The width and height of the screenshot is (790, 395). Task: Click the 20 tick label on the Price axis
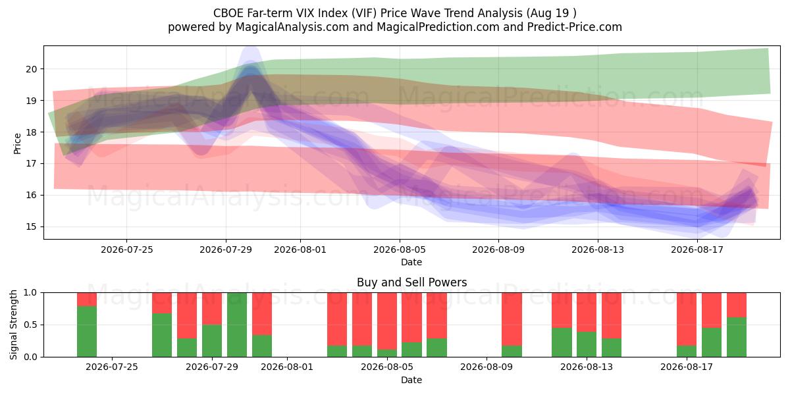click(x=32, y=69)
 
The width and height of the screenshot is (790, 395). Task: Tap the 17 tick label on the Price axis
click(x=32, y=164)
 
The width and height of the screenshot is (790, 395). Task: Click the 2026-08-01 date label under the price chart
click(x=300, y=250)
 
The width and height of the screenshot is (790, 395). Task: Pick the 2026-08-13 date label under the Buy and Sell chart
click(x=587, y=367)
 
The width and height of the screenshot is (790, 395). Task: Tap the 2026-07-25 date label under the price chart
click(x=127, y=250)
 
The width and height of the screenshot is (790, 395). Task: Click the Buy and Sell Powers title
click(x=411, y=282)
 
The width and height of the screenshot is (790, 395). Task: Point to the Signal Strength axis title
click(x=13, y=325)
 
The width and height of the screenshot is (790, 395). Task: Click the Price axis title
click(x=17, y=144)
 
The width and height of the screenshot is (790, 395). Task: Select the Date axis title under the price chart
click(x=411, y=262)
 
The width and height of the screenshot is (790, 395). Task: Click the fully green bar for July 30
click(x=237, y=325)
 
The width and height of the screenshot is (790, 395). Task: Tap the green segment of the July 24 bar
click(x=87, y=332)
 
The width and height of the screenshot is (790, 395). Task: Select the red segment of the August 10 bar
click(x=512, y=319)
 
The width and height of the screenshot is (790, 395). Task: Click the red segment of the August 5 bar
click(x=387, y=321)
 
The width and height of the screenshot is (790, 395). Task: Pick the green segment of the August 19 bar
click(x=737, y=337)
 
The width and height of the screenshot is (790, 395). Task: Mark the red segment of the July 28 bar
click(x=187, y=315)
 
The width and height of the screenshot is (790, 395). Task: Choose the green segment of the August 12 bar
click(x=562, y=342)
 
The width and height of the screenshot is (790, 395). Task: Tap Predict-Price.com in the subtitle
click(x=575, y=27)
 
